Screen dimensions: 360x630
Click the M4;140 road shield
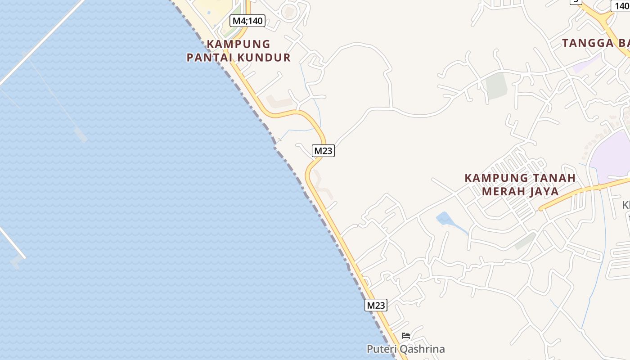(x=247, y=20)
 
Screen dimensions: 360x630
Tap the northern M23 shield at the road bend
(x=323, y=151)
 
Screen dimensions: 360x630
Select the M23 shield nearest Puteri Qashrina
(x=376, y=305)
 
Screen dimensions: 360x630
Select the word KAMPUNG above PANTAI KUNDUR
(x=238, y=44)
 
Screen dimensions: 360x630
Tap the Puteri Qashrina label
(x=405, y=349)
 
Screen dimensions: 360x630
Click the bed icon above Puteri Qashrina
(x=406, y=336)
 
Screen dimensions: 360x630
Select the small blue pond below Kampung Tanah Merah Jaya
(x=444, y=219)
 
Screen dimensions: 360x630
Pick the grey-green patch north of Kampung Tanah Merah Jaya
(x=496, y=85)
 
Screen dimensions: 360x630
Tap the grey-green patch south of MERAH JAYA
(x=525, y=241)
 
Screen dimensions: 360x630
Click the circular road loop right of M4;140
(x=290, y=11)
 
